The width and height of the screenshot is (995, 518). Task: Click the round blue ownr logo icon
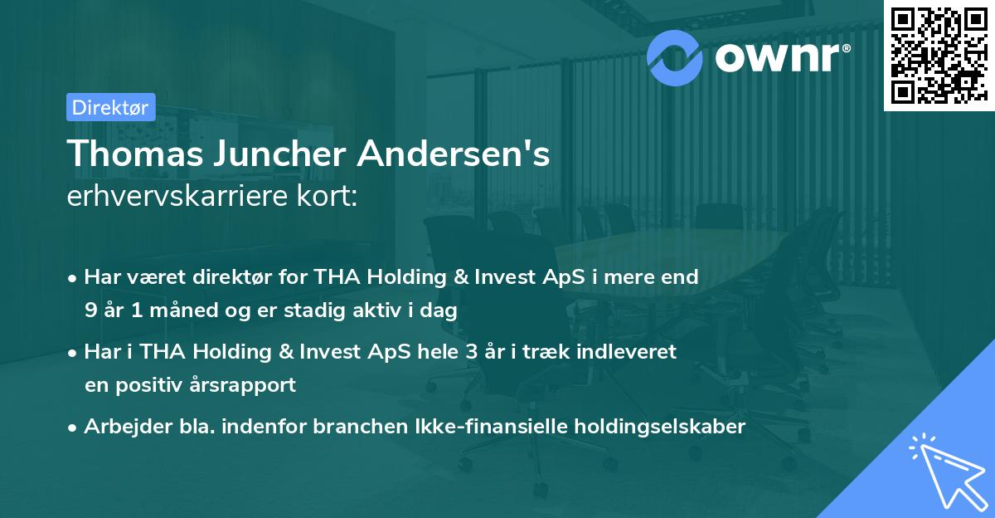[x=674, y=56]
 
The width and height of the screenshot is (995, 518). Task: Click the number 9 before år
[x=90, y=310]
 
